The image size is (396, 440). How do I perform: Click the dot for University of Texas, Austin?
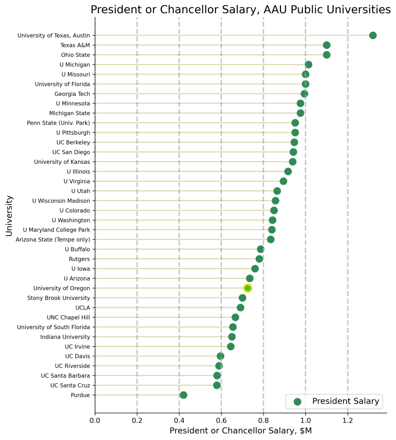pyautogui.click(x=373, y=35)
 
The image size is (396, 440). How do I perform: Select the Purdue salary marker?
pyautogui.click(x=184, y=395)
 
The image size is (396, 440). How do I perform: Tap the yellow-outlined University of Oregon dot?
pyautogui.click(x=248, y=288)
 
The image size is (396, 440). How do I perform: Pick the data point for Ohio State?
pyautogui.click(x=326, y=55)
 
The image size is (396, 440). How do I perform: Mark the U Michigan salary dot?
pyautogui.click(x=308, y=64)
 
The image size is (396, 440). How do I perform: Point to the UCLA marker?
pyautogui.click(x=240, y=308)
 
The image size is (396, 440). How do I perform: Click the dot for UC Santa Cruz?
pyautogui.click(x=217, y=385)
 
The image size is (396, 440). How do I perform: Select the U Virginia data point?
pyautogui.click(x=283, y=181)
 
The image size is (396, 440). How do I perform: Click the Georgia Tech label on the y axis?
pyautogui.click(x=72, y=94)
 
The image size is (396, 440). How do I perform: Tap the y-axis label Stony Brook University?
pyautogui.click(x=58, y=298)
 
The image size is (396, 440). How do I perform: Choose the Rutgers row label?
pyautogui.click(x=80, y=259)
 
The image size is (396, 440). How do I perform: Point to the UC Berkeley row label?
pyautogui.click(x=73, y=142)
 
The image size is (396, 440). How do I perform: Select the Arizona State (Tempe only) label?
pyautogui.click(x=53, y=239)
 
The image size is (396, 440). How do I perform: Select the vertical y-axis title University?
pyautogui.click(x=9, y=216)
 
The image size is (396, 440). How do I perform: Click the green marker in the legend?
pyautogui.click(x=297, y=401)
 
